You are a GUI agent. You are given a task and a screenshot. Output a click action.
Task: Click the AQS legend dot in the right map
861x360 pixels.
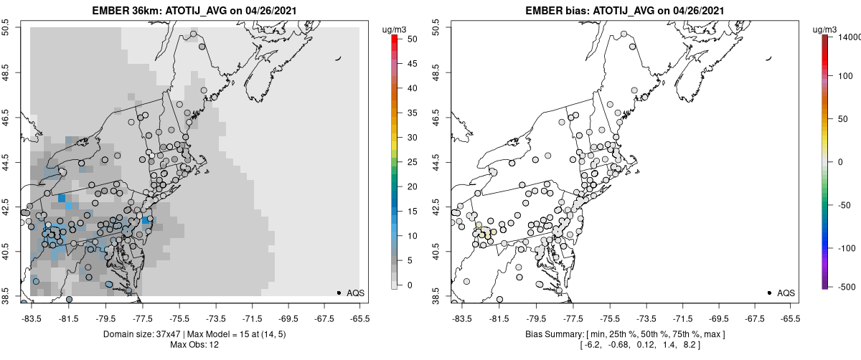(768, 293)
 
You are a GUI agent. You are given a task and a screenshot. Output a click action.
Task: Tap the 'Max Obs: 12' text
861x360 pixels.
(195, 345)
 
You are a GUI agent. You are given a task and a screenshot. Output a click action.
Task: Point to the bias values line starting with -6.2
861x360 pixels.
(624, 345)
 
